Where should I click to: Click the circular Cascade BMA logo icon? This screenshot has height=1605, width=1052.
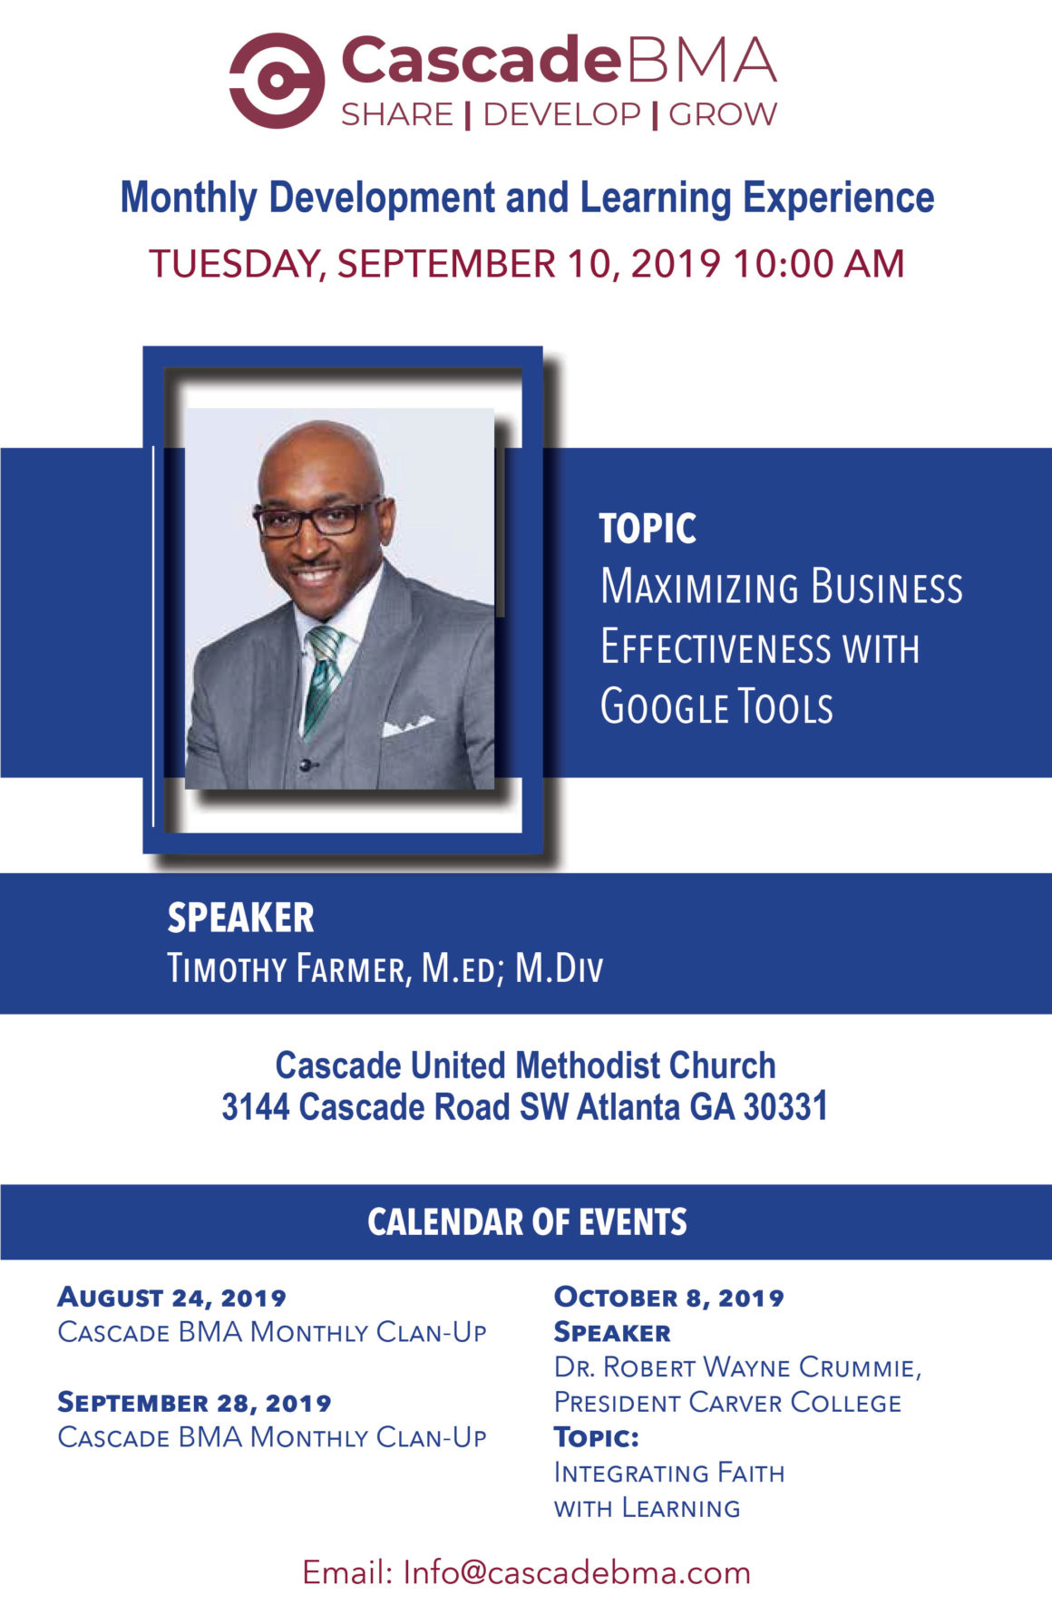tap(277, 81)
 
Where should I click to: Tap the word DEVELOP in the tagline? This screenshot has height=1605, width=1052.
tap(561, 114)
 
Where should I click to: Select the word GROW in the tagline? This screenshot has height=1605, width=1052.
tap(723, 114)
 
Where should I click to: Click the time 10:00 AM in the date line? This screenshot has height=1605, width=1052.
tap(819, 264)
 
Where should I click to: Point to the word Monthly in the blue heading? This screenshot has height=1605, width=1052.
tap(189, 199)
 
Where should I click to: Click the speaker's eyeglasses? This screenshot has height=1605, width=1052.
tap(319, 518)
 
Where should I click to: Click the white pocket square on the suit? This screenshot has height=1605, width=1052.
tap(407, 725)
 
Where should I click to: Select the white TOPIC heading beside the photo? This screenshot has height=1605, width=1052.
tap(648, 529)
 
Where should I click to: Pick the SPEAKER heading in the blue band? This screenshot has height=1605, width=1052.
tap(241, 918)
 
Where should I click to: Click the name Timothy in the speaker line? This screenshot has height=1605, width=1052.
tap(227, 968)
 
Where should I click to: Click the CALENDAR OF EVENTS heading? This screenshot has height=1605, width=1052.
tap(527, 1222)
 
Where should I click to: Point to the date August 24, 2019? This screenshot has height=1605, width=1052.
tap(171, 1298)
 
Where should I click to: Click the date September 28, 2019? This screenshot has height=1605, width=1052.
tap(194, 1403)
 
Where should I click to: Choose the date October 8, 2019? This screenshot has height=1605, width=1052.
tap(669, 1298)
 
